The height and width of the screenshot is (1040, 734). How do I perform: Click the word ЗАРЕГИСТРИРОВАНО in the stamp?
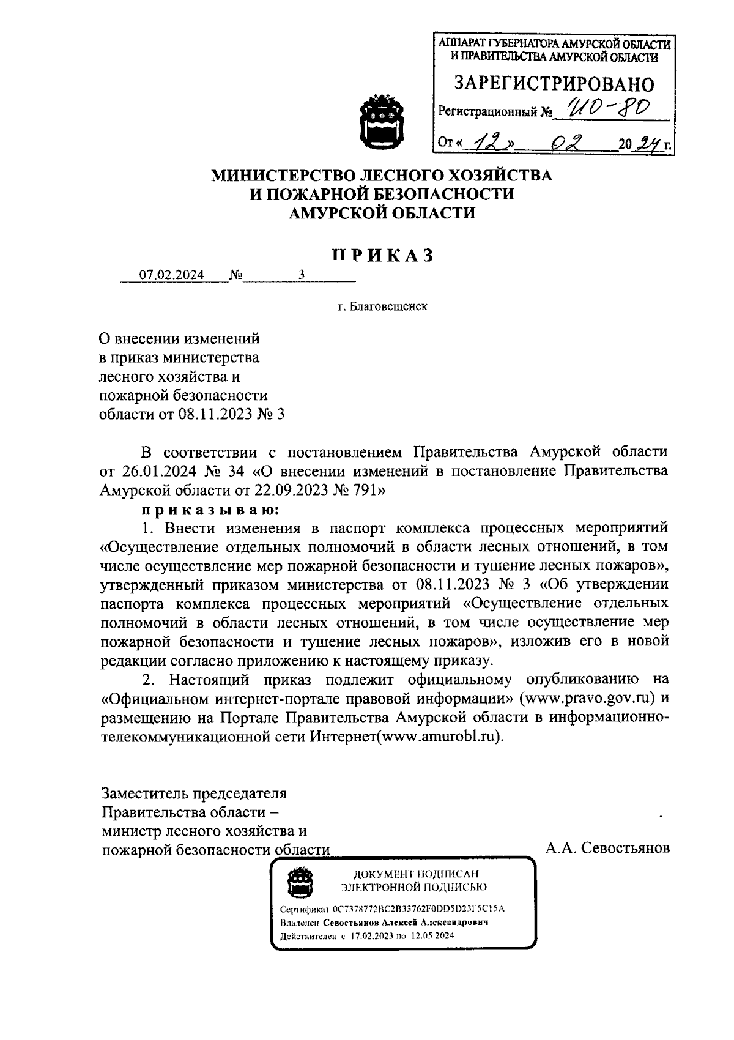pyautogui.click(x=554, y=84)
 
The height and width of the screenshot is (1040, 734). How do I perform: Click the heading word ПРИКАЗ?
pyautogui.click(x=383, y=255)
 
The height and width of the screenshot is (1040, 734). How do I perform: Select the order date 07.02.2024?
pyautogui.click(x=172, y=275)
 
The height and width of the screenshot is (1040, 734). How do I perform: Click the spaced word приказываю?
pyautogui.click(x=210, y=509)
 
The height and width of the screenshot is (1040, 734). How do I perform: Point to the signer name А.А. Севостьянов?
pyautogui.click(x=607, y=849)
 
